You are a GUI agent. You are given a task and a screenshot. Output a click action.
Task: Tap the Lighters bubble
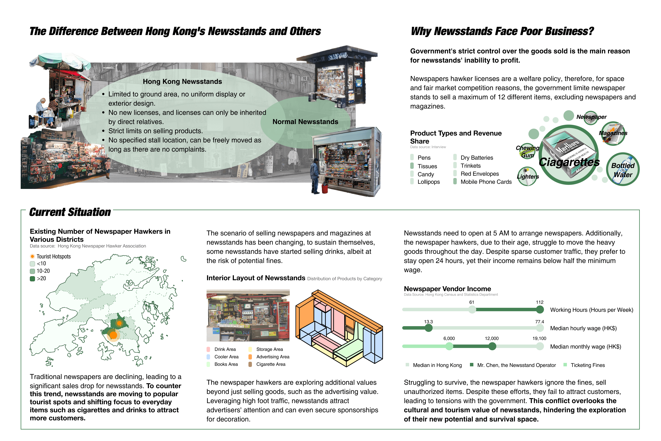pos(527,176)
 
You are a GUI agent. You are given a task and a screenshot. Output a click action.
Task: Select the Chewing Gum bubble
pos(527,151)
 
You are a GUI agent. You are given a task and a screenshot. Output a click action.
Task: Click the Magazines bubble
pos(613,133)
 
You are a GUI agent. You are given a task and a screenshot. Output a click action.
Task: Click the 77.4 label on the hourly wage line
pos(540,322)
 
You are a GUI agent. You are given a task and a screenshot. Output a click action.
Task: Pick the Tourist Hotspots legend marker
pos(32,256)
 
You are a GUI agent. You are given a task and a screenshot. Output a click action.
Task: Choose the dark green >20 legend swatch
pos(32,278)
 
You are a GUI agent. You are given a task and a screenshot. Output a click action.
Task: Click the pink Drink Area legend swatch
pos(208,349)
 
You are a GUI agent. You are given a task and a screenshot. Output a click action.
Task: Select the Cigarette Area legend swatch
pos(250,364)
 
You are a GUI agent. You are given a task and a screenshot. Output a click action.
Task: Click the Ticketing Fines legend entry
pos(584,365)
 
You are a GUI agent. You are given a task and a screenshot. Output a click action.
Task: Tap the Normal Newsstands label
pos(305,122)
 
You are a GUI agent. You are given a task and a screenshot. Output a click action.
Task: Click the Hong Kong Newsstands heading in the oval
pos(182,82)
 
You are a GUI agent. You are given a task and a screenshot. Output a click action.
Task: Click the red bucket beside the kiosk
pos(325,188)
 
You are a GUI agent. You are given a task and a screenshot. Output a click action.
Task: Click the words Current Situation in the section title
pos(70,212)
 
